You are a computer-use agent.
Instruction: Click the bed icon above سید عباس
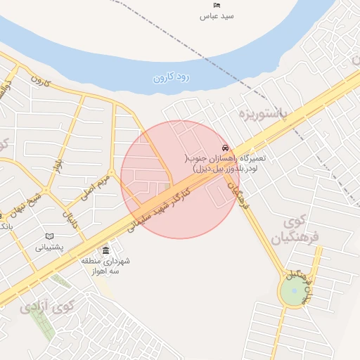[x=217, y=6]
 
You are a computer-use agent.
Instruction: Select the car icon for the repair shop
[x=224, y=148]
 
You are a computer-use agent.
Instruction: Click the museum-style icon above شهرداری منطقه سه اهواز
[x=105, y=250]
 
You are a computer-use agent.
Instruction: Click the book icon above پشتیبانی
[x=49, y=236]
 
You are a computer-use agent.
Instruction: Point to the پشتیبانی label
[x=49, y=247]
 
